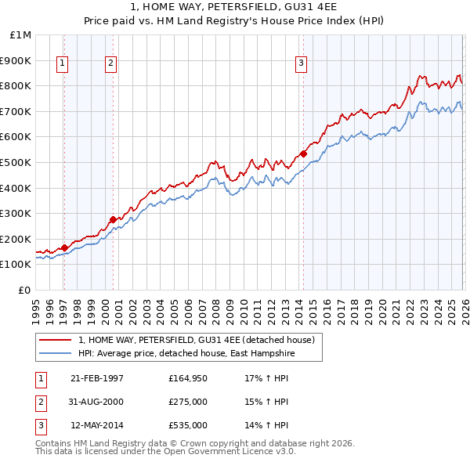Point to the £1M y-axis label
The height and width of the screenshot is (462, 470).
tap(20, 35)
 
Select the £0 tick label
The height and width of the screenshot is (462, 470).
tap(24, 290)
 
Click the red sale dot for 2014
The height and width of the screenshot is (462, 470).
tap(303, 153)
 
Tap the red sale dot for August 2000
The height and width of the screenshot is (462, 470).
tap(113, 219)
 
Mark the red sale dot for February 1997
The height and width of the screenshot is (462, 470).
tap(64, 247)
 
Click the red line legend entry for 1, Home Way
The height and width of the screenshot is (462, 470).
tap(196, 340)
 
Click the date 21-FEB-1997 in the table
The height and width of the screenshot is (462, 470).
tap(96, 378)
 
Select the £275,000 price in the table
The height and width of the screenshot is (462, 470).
tap(188, 402)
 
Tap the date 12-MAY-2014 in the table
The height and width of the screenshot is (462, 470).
tap(96, 425)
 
